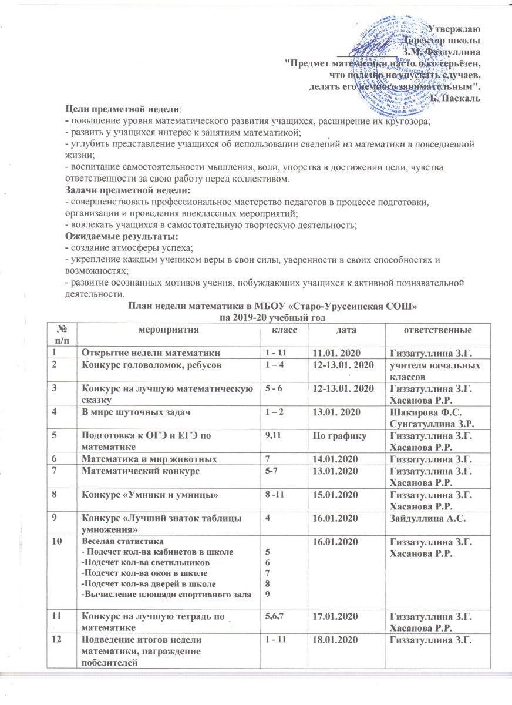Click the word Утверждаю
click(453, 29)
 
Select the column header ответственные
click(437, 332)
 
